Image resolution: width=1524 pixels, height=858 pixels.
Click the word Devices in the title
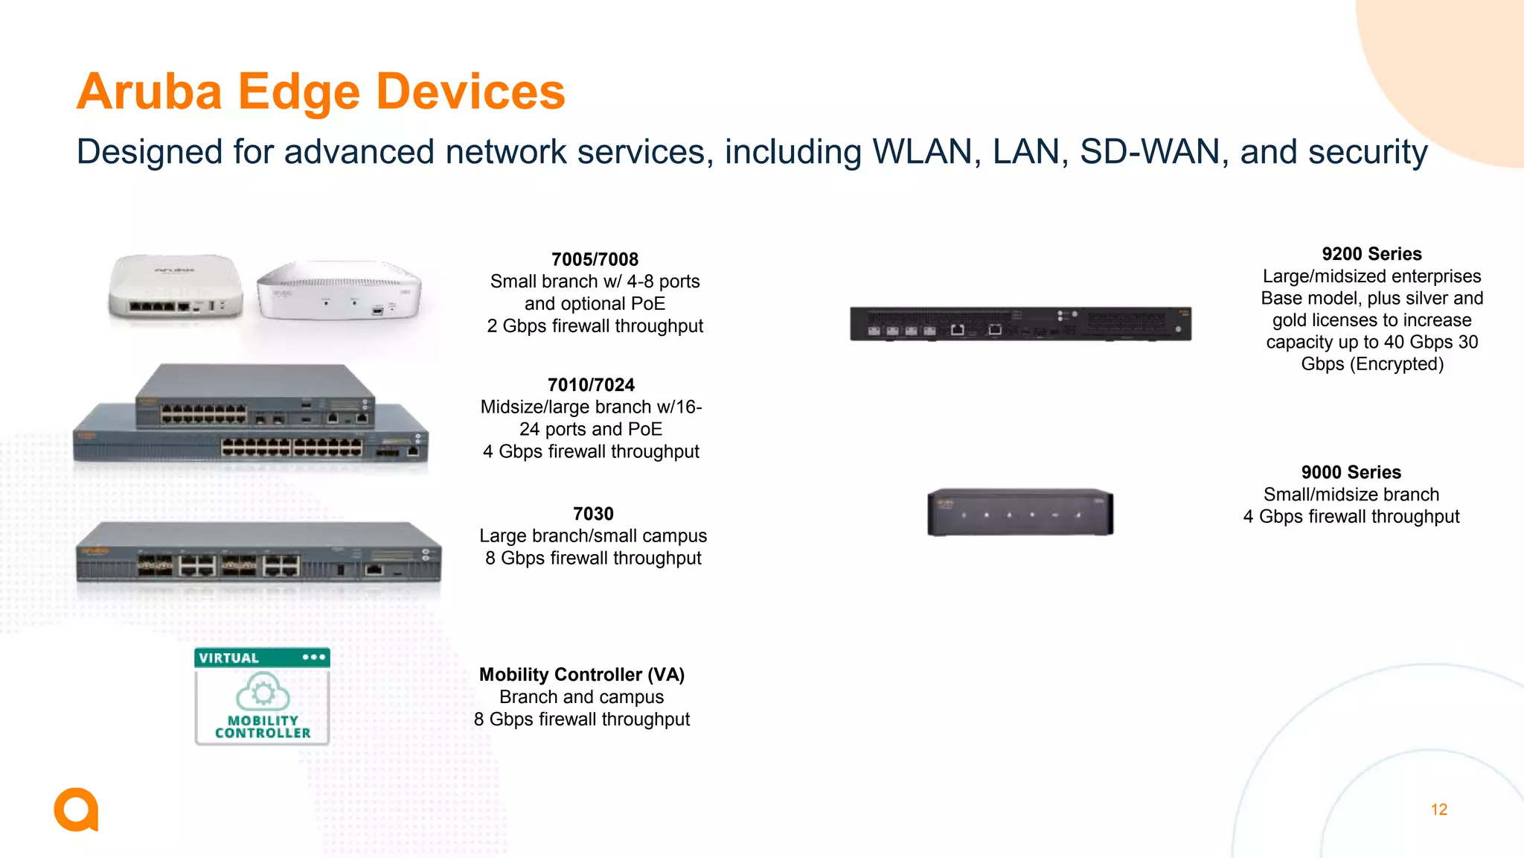[470, 92]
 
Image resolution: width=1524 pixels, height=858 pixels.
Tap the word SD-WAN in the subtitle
[1150, 152]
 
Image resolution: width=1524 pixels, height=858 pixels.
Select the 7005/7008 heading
[595, 260]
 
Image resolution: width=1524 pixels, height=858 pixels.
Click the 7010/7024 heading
[591, 385]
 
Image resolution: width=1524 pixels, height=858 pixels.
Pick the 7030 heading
[593, 514]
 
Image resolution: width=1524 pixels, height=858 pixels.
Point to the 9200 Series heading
[1371, 254]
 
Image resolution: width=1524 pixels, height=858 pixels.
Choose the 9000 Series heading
[1351, 472]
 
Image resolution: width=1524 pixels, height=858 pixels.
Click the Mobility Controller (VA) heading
[581, 675]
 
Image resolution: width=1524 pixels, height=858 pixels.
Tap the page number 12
[1438, 810]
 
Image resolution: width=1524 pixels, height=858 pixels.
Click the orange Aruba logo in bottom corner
[76, 810]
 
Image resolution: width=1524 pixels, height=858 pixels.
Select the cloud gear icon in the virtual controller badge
[263, 692]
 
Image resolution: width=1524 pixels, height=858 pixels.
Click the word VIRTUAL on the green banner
[229, 658]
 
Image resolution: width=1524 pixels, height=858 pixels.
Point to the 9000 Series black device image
[1019, 512]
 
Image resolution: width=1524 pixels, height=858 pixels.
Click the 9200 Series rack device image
[1020, 324]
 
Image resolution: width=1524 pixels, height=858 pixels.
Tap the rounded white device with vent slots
[339, 290]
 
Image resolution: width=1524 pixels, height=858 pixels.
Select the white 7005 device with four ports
[176, 287]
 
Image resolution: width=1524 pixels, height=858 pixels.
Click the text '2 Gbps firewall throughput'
[595, 326]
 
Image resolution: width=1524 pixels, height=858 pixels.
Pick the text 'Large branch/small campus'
[593, 536]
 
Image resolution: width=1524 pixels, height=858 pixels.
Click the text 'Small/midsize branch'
[1351, 495]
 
